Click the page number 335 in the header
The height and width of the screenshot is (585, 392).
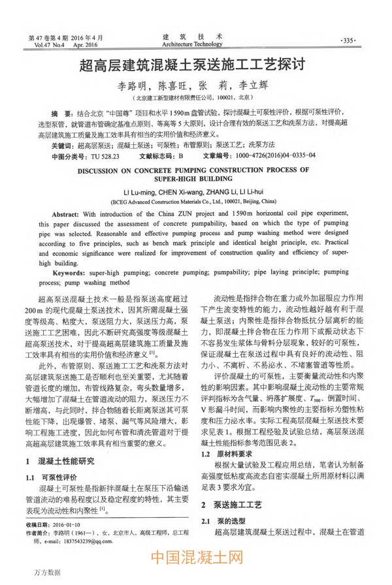click(348, 40)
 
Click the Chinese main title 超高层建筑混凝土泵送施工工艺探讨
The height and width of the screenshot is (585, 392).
click(195, 67)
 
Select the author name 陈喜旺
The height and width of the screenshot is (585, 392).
click(172, 86)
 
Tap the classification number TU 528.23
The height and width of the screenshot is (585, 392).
click(105, 156)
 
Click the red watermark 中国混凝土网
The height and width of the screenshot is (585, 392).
click(195, 560)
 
